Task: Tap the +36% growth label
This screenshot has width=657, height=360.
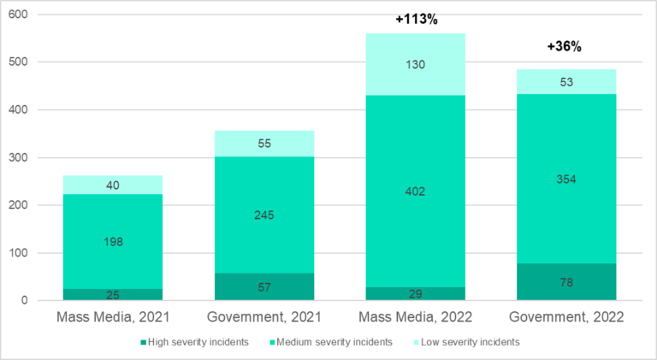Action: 565,47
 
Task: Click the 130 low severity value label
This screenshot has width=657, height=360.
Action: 416,64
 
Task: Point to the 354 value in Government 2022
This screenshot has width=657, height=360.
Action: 565,180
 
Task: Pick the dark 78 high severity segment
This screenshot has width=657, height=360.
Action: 565,282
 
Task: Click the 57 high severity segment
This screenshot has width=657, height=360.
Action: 264,287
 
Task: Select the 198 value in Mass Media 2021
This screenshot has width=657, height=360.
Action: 113,242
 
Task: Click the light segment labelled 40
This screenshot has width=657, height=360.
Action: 113,185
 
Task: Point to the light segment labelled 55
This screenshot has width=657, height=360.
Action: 264,145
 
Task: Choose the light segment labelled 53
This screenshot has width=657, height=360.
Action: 565,82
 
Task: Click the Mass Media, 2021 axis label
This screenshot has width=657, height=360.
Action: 113,316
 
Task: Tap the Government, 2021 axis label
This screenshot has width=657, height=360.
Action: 264,316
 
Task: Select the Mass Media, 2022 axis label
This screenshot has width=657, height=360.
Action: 416,316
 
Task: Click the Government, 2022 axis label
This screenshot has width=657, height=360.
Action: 565,316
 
